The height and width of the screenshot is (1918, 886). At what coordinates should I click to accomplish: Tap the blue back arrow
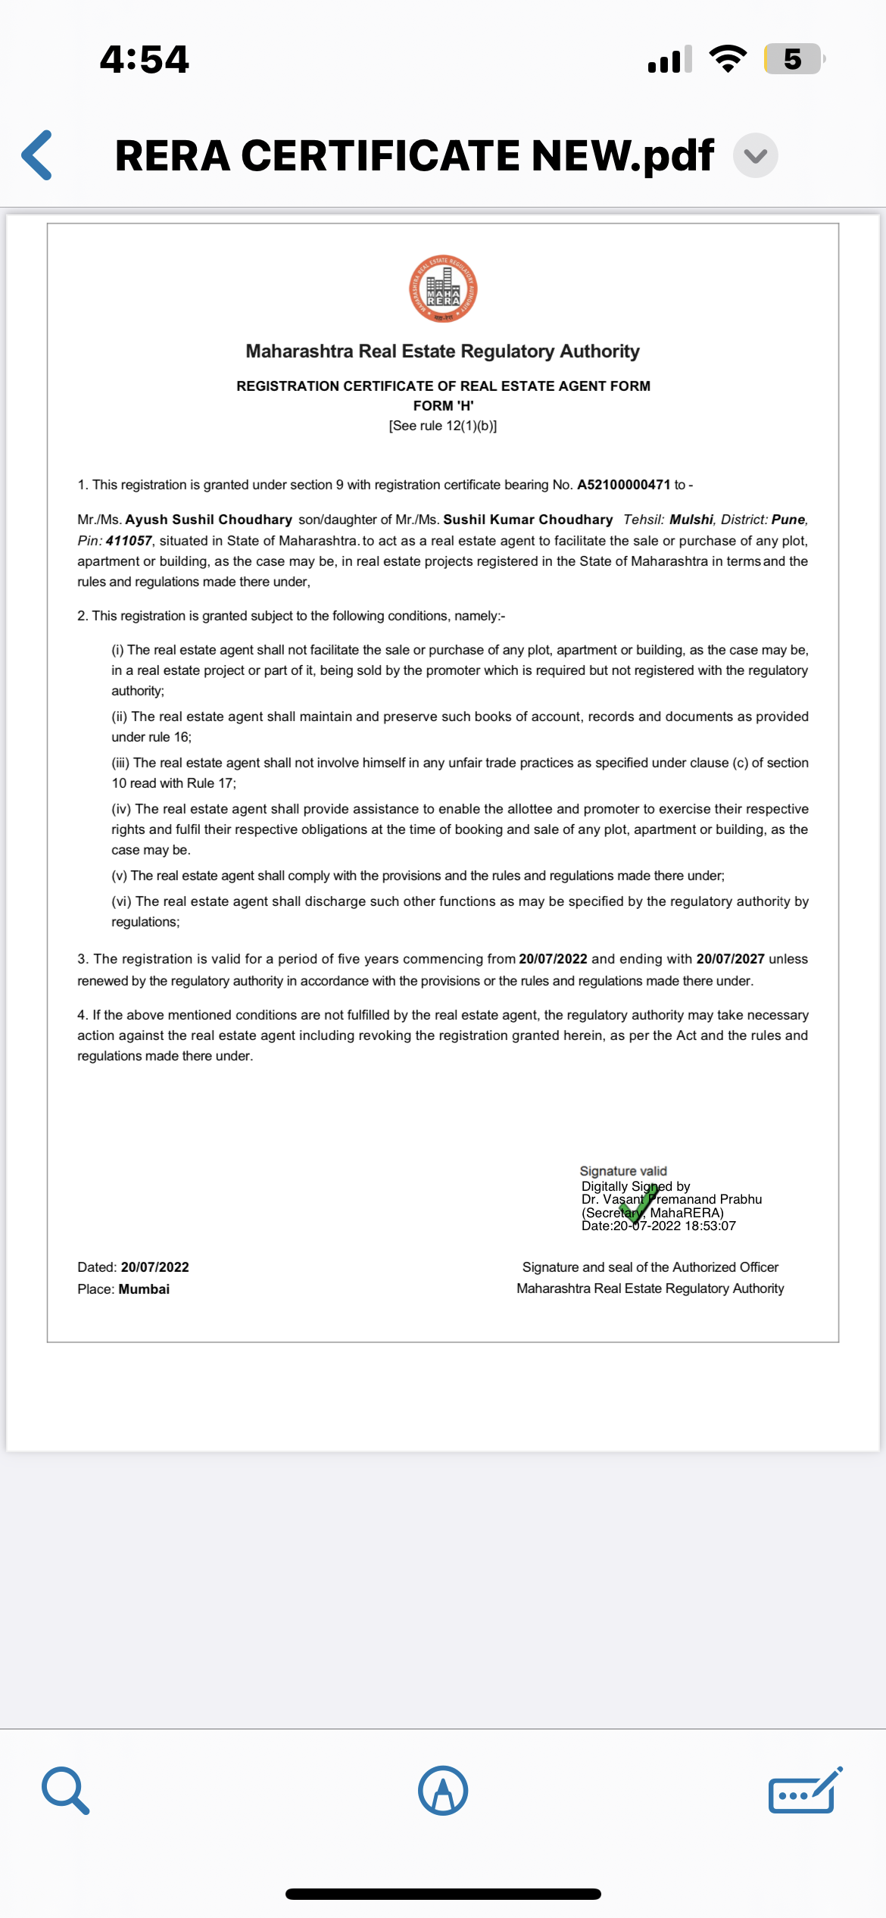(x=37, y=155)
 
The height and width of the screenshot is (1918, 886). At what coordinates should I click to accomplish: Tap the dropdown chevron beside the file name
(x=755, y=155)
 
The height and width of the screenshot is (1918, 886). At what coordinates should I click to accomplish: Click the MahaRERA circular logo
(x=443, y=289)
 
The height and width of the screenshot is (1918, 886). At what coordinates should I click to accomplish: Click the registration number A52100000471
(x=623, y=485)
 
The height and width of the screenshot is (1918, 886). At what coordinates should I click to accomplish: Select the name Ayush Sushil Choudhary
(x=208, y=520)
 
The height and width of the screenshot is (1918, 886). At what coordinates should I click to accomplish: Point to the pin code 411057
(x=129, y=541)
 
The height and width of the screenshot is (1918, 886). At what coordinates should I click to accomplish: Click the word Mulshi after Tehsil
(x=691, y=520)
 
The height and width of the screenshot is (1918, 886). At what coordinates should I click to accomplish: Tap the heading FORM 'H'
(x=443, y=406)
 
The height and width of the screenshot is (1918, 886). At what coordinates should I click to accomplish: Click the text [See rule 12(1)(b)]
(x=443, y=426)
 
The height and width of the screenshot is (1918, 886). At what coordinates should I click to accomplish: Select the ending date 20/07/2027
(x=730, y=959)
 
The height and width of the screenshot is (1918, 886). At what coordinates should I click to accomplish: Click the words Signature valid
(x=623, y=1171)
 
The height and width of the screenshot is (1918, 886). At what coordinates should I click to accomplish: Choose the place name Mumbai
(x=144, y=1289)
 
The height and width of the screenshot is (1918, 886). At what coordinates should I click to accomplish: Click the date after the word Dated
(x=155, y=1267)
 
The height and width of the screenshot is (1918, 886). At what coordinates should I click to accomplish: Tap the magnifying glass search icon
(x=66, y=1791)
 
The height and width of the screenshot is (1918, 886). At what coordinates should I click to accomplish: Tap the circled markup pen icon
(x=443, y=1791)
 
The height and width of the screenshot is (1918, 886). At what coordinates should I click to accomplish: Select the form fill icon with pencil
(x=805, y=1791)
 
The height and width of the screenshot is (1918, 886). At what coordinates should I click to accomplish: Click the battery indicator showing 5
(x=793, y=59)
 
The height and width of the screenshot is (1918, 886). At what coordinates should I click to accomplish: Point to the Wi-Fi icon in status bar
(x=728, y=59)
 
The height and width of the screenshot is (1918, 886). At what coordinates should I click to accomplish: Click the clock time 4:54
(x=145, y=59)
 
